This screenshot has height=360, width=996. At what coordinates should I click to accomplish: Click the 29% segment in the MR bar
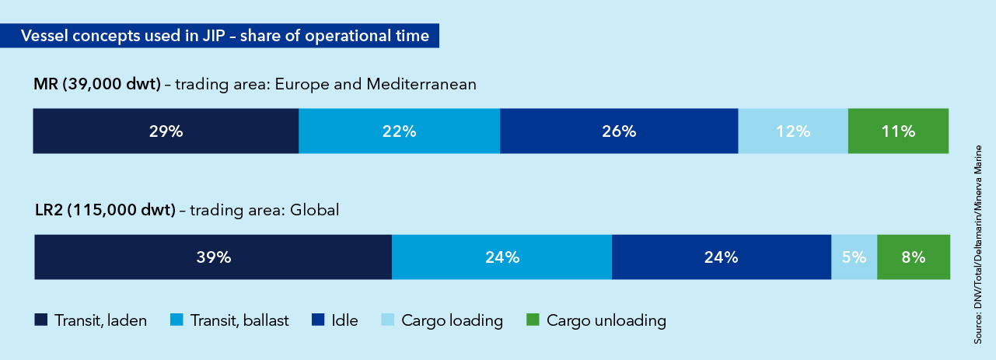tap(166, 131)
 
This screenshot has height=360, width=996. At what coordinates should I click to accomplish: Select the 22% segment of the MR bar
tap(399, 131)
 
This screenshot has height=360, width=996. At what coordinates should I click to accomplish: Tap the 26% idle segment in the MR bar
tap(619, 131)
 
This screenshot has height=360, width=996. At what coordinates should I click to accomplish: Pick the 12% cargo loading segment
tap(792, 131)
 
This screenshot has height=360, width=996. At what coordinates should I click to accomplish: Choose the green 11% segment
tap(898, 131)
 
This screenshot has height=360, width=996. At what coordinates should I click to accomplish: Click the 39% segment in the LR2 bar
tap(213, 257)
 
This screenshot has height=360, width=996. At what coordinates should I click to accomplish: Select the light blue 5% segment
tap(854, 257)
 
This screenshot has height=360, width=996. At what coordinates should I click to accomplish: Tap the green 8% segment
tap(914, 257)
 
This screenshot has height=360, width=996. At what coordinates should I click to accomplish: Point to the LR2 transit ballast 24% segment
tap(501, 257)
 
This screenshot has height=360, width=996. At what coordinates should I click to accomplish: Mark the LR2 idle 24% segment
tap(722, 257)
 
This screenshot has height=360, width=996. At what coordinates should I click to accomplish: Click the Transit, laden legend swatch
tap(40, 320)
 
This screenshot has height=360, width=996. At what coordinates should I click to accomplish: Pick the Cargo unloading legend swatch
tap(533, 320)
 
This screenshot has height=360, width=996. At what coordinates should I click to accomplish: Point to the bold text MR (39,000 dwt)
tap(97, 85)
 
